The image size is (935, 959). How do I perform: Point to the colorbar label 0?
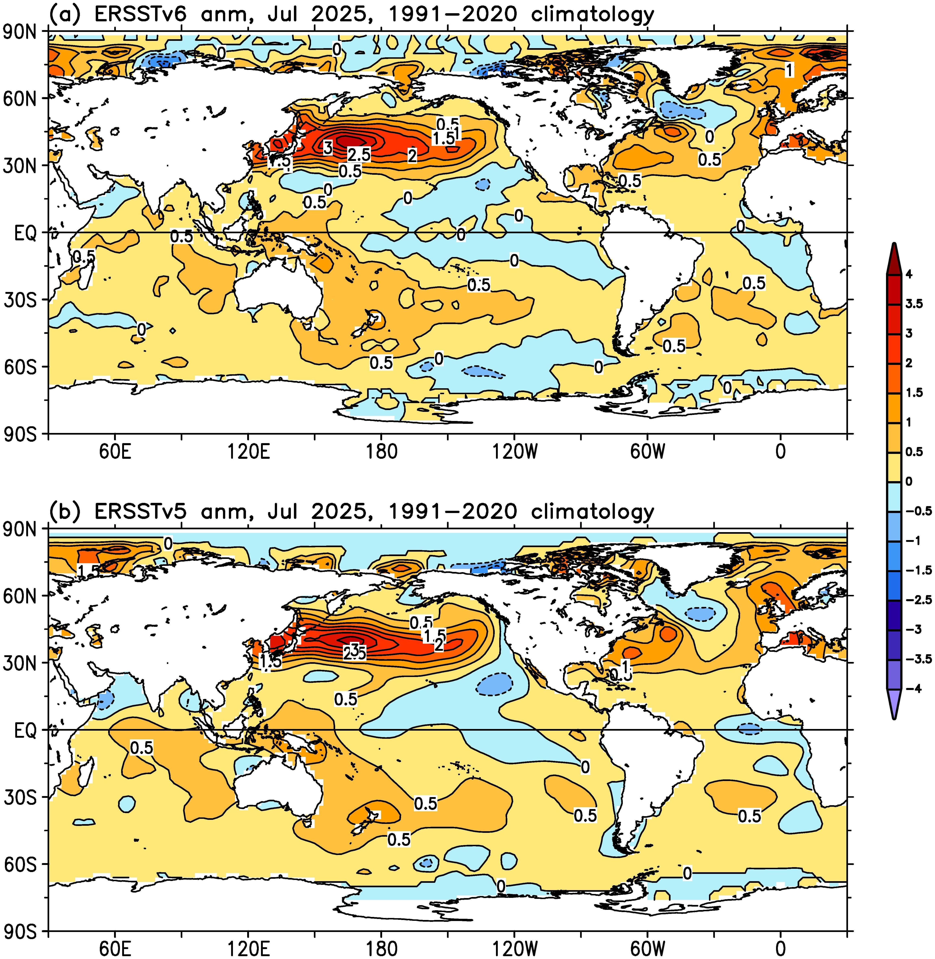909,482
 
